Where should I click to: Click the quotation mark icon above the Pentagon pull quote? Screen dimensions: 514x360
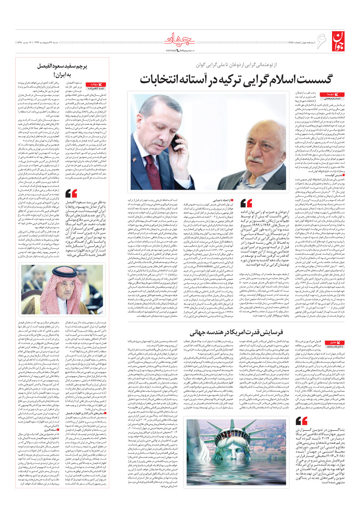pos(301,421)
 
